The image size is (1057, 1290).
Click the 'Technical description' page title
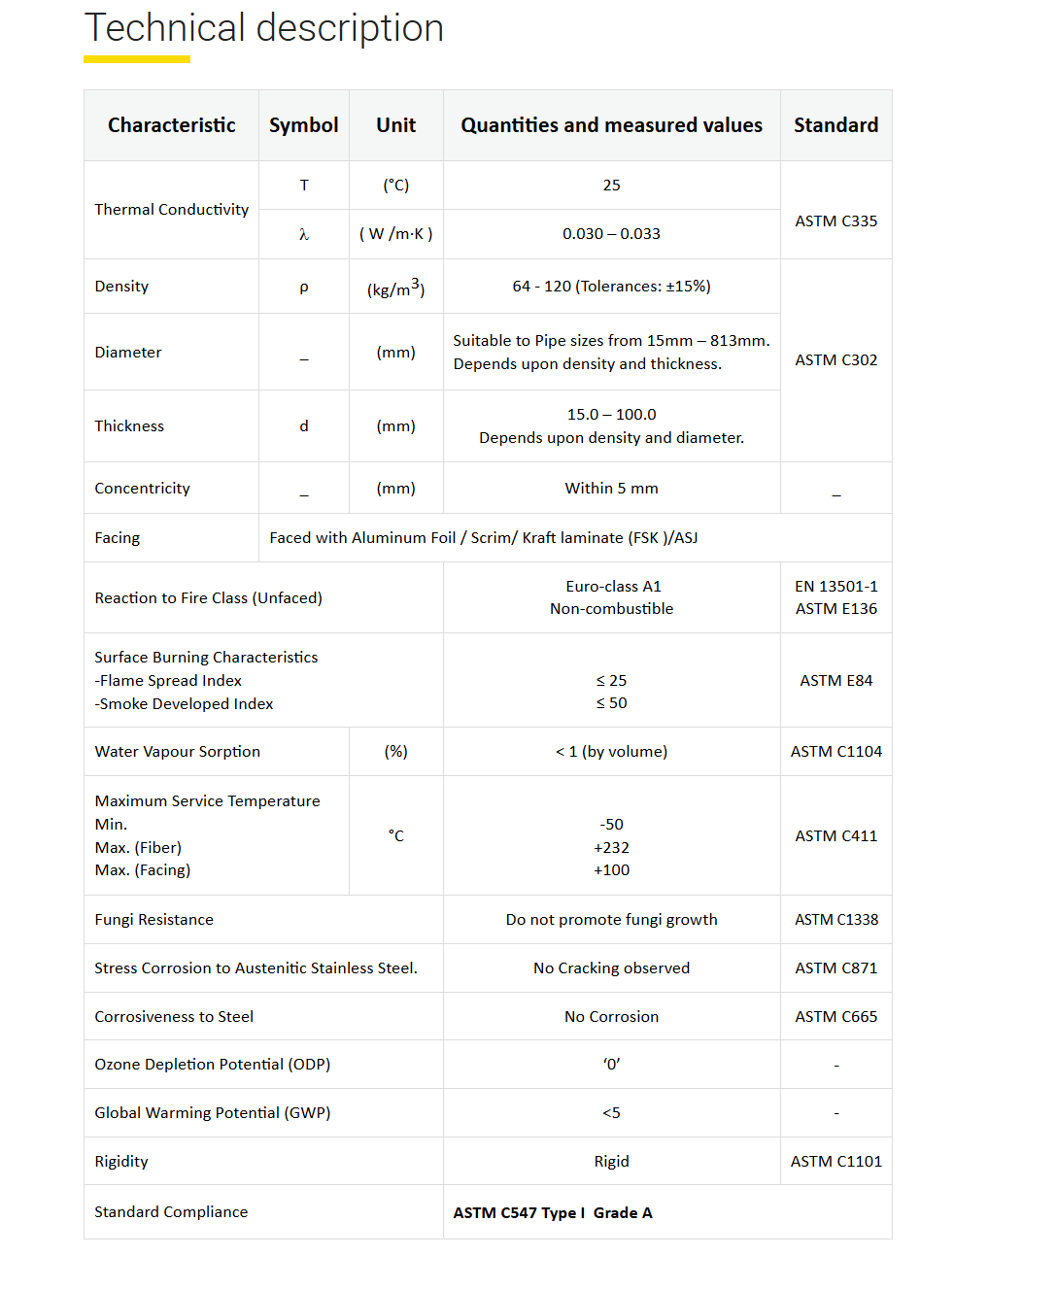pos(263,28)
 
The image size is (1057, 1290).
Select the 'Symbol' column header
pos(303,125)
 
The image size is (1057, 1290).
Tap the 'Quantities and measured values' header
pos(611,125)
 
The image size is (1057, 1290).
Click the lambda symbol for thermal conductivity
pos(304,234)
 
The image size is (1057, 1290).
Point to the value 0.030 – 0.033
pos(611,234)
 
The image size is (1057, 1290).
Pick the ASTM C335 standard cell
pos(835,221)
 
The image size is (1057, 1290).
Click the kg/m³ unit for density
pos(395,288)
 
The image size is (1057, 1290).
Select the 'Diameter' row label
pos(128,353)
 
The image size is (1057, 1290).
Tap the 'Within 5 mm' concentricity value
pos(611,489)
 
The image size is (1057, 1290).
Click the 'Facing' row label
pos(118,538)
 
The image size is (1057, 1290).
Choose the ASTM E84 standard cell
pos(835,681)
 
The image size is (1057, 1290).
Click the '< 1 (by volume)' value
pos(611,752)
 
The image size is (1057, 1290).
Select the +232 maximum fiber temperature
pos(611,848)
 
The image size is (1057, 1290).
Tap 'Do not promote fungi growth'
pos(611,920)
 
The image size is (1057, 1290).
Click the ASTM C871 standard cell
pos(835,968)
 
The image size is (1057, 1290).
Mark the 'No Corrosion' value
pos(611,1017)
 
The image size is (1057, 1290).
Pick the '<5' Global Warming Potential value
pos(611,1113)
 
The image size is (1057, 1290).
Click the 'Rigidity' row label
pos(121,1162)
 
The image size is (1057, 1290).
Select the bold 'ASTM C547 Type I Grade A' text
pos(553,1213)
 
